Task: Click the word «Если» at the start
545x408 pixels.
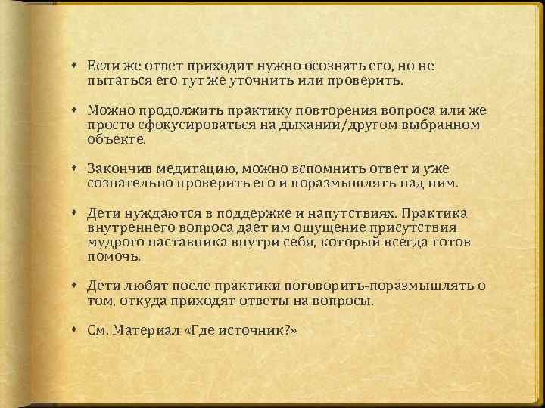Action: (x=101, y=66)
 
